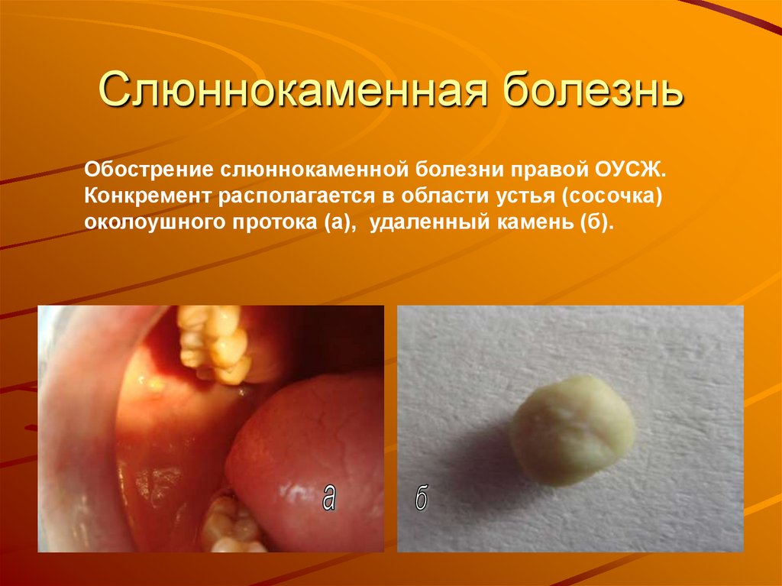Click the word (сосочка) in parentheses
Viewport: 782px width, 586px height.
(x=611, y=196)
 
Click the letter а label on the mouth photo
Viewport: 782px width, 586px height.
(x=328, y=497)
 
